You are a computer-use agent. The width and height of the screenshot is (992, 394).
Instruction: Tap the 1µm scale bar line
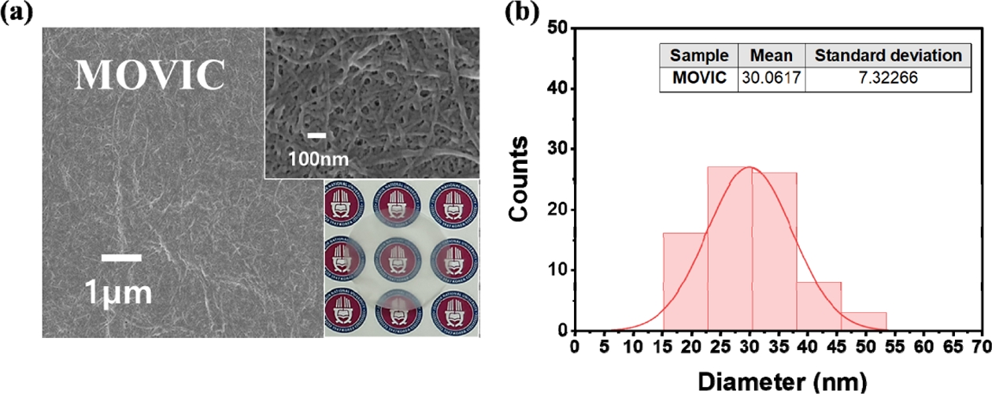122,257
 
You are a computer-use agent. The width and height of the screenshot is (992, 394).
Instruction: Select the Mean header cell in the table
771,56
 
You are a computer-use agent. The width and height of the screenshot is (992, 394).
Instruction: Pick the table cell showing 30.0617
771,79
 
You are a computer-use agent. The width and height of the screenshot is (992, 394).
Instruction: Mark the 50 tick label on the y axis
558,28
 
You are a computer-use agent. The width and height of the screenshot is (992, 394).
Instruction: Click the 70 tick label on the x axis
977,347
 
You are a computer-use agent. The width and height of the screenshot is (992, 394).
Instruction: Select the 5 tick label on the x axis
604,347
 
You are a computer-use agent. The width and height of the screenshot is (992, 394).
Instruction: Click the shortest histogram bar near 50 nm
864,322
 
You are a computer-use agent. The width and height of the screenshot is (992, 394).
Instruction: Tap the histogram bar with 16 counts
685,284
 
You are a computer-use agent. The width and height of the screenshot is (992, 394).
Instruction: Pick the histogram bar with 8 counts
819,307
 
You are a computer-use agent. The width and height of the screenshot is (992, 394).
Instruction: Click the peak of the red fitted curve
750,167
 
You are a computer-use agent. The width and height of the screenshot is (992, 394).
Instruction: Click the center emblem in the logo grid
402,259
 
